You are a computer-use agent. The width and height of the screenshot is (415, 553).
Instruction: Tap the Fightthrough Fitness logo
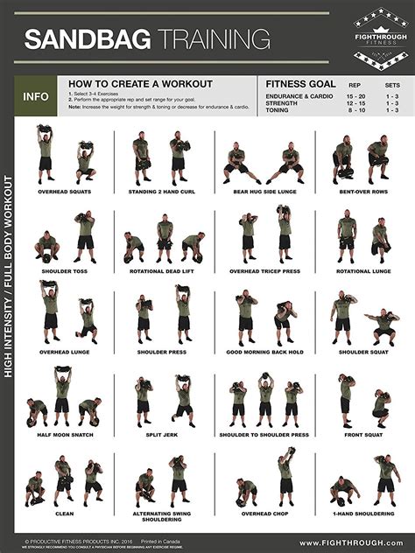click(380, 39)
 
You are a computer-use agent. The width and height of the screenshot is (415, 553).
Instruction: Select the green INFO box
click(36, 96)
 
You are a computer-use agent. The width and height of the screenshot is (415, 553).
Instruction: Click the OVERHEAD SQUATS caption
click(65, 191)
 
